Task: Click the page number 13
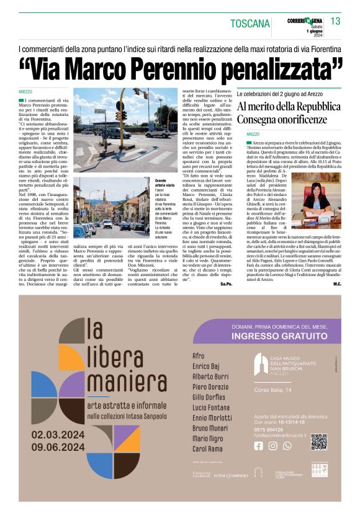335,22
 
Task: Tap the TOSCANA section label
250,24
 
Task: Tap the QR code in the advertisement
318,442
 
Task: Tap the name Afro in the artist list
199,356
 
